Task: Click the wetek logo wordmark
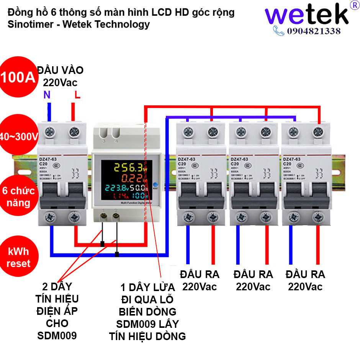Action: point(307,15)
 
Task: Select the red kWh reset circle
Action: point(18,257)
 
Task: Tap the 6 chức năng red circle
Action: point(18,196)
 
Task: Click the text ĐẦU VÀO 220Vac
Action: point(60,76)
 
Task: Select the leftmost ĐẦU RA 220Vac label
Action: point(200,280)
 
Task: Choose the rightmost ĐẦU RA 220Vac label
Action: point(305,280)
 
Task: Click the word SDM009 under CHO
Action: point(57,336)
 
